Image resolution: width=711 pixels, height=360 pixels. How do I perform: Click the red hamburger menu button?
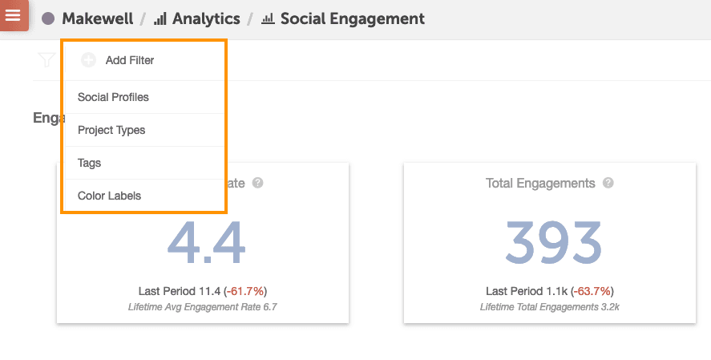(x=14, y=15)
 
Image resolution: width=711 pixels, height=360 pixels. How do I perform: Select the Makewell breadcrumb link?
(x=98, y=18)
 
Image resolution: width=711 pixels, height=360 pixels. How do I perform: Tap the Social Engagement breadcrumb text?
(x=352, y=18)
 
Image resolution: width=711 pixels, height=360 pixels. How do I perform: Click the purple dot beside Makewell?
(x=48, y=18)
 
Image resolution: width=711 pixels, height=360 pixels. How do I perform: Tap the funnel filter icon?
(x=46, y=60)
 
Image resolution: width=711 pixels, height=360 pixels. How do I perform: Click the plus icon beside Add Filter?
(x=88, y=60)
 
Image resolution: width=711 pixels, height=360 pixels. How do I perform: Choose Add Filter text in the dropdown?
(x=130, y=60)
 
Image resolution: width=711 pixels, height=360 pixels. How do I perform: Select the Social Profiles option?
(x=113, y=98)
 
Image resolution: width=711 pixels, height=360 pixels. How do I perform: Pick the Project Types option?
(x=111, y=130)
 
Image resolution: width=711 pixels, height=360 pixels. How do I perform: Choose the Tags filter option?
(x=90, y=163)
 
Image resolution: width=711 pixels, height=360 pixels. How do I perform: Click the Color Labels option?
(x=109, y=196)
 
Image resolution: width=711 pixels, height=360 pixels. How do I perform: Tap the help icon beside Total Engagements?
(x=608, y=184)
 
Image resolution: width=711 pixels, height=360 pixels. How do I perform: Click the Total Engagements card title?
(x=540, y=184)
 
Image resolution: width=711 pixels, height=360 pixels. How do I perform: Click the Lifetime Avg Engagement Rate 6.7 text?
(x=202, y=307)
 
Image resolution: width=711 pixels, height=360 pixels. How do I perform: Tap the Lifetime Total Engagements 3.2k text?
(x=550, y=307)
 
